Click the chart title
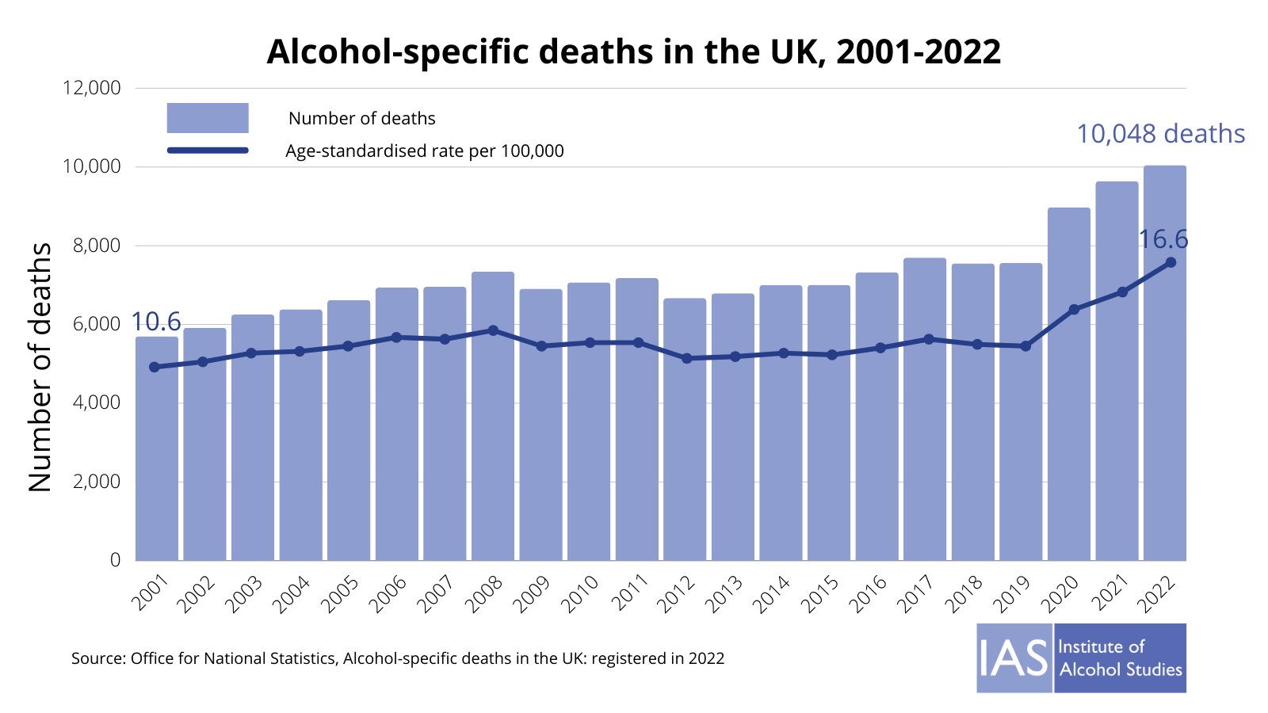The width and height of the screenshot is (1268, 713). point(633,52)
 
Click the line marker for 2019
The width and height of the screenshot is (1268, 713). point(1025,346)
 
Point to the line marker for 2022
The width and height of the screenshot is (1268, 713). point(1171,262)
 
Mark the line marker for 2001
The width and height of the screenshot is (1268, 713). point(154,367)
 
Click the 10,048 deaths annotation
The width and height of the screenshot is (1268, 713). point(1160,134)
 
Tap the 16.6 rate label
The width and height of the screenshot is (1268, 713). point(1163,239)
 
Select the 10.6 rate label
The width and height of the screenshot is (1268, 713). point(156,322)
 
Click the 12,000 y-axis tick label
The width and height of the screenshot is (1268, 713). point(92,88)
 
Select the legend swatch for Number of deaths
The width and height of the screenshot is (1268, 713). point(208,118)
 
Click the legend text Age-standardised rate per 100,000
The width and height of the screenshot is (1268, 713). point(425,151)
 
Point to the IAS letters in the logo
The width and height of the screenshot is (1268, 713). point(1014,658)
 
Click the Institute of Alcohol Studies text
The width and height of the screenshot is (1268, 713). point(1120,658)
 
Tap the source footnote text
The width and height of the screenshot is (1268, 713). point(398,658)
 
